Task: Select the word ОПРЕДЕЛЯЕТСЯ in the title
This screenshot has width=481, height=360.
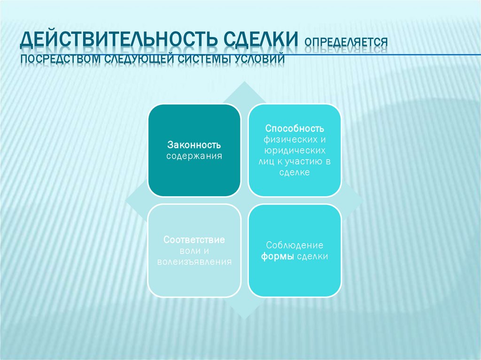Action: [x=346, y=42]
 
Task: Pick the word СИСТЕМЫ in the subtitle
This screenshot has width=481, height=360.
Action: [x=202, y=60]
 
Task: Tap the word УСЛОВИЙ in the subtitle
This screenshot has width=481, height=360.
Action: [x=259, y=60]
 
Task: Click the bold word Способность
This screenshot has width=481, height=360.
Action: [x=295, y=129]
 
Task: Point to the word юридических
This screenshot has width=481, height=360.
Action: [x=295, y=151]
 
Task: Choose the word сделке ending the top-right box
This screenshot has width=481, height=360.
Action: [x=295, y=173]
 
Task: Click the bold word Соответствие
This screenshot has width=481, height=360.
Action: [x=194, y=240]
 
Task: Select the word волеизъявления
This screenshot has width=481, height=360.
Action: [x=194, y=262]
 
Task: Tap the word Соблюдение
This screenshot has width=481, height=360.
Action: [x=295, y=245]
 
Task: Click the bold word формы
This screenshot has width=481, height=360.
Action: [x=278, y=256]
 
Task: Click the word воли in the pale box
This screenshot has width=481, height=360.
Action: [x=185, y=251]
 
